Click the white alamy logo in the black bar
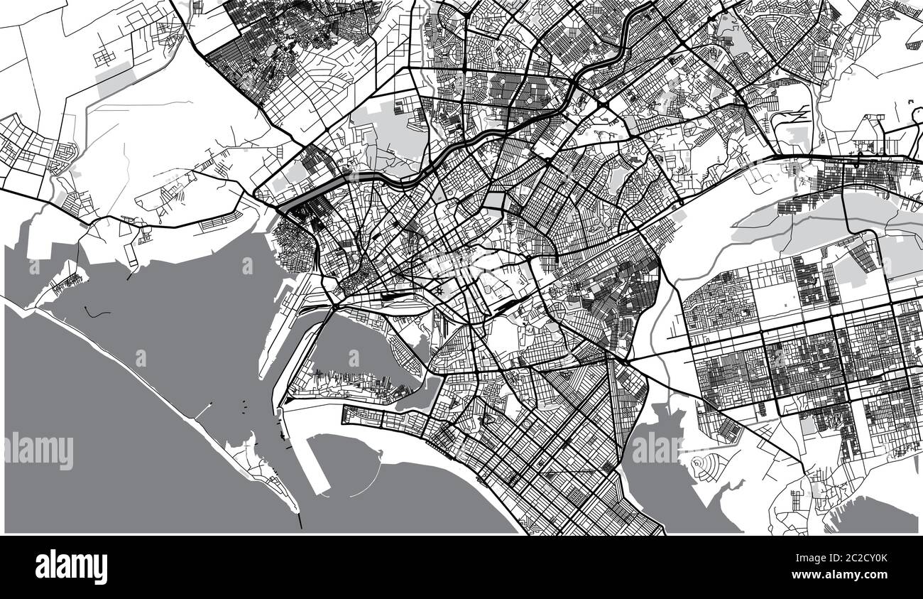[71, 567]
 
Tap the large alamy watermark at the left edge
[38, 450]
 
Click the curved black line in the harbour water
[98, 312]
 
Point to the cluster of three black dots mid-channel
[244, 404]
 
